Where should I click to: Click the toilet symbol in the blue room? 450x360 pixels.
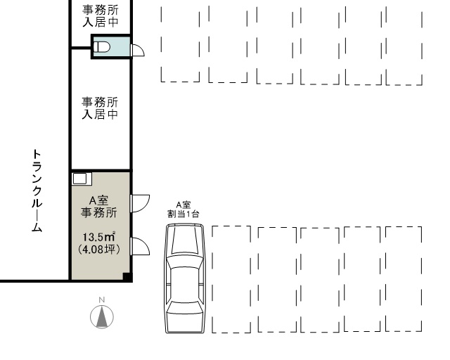coord(102,47)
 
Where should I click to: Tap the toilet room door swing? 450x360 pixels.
coord(138,50)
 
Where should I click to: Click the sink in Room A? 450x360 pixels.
coord(82,179)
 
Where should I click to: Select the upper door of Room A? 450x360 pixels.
coord(140,203)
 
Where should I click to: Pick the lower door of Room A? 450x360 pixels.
coord(140,246)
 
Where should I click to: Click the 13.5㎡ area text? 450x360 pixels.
coord(99,237)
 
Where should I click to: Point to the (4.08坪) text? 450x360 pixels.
coord(99,249)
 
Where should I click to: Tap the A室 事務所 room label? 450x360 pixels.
coord(98,207)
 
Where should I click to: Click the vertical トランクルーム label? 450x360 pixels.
coord(37,191)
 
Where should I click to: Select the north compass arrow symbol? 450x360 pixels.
coord(102,317)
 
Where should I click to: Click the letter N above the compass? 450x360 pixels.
coord(101,300)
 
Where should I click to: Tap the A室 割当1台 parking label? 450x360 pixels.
coord(183,210)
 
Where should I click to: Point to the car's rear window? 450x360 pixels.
coord(185,308)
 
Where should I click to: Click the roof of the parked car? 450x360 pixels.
coord(185,284)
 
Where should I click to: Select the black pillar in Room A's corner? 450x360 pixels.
coord(127,277)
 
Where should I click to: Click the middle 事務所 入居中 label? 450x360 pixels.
coord(100,108)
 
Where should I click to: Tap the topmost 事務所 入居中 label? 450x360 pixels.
coord(101,15)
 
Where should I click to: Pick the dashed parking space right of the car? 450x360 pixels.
coord(231,279)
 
